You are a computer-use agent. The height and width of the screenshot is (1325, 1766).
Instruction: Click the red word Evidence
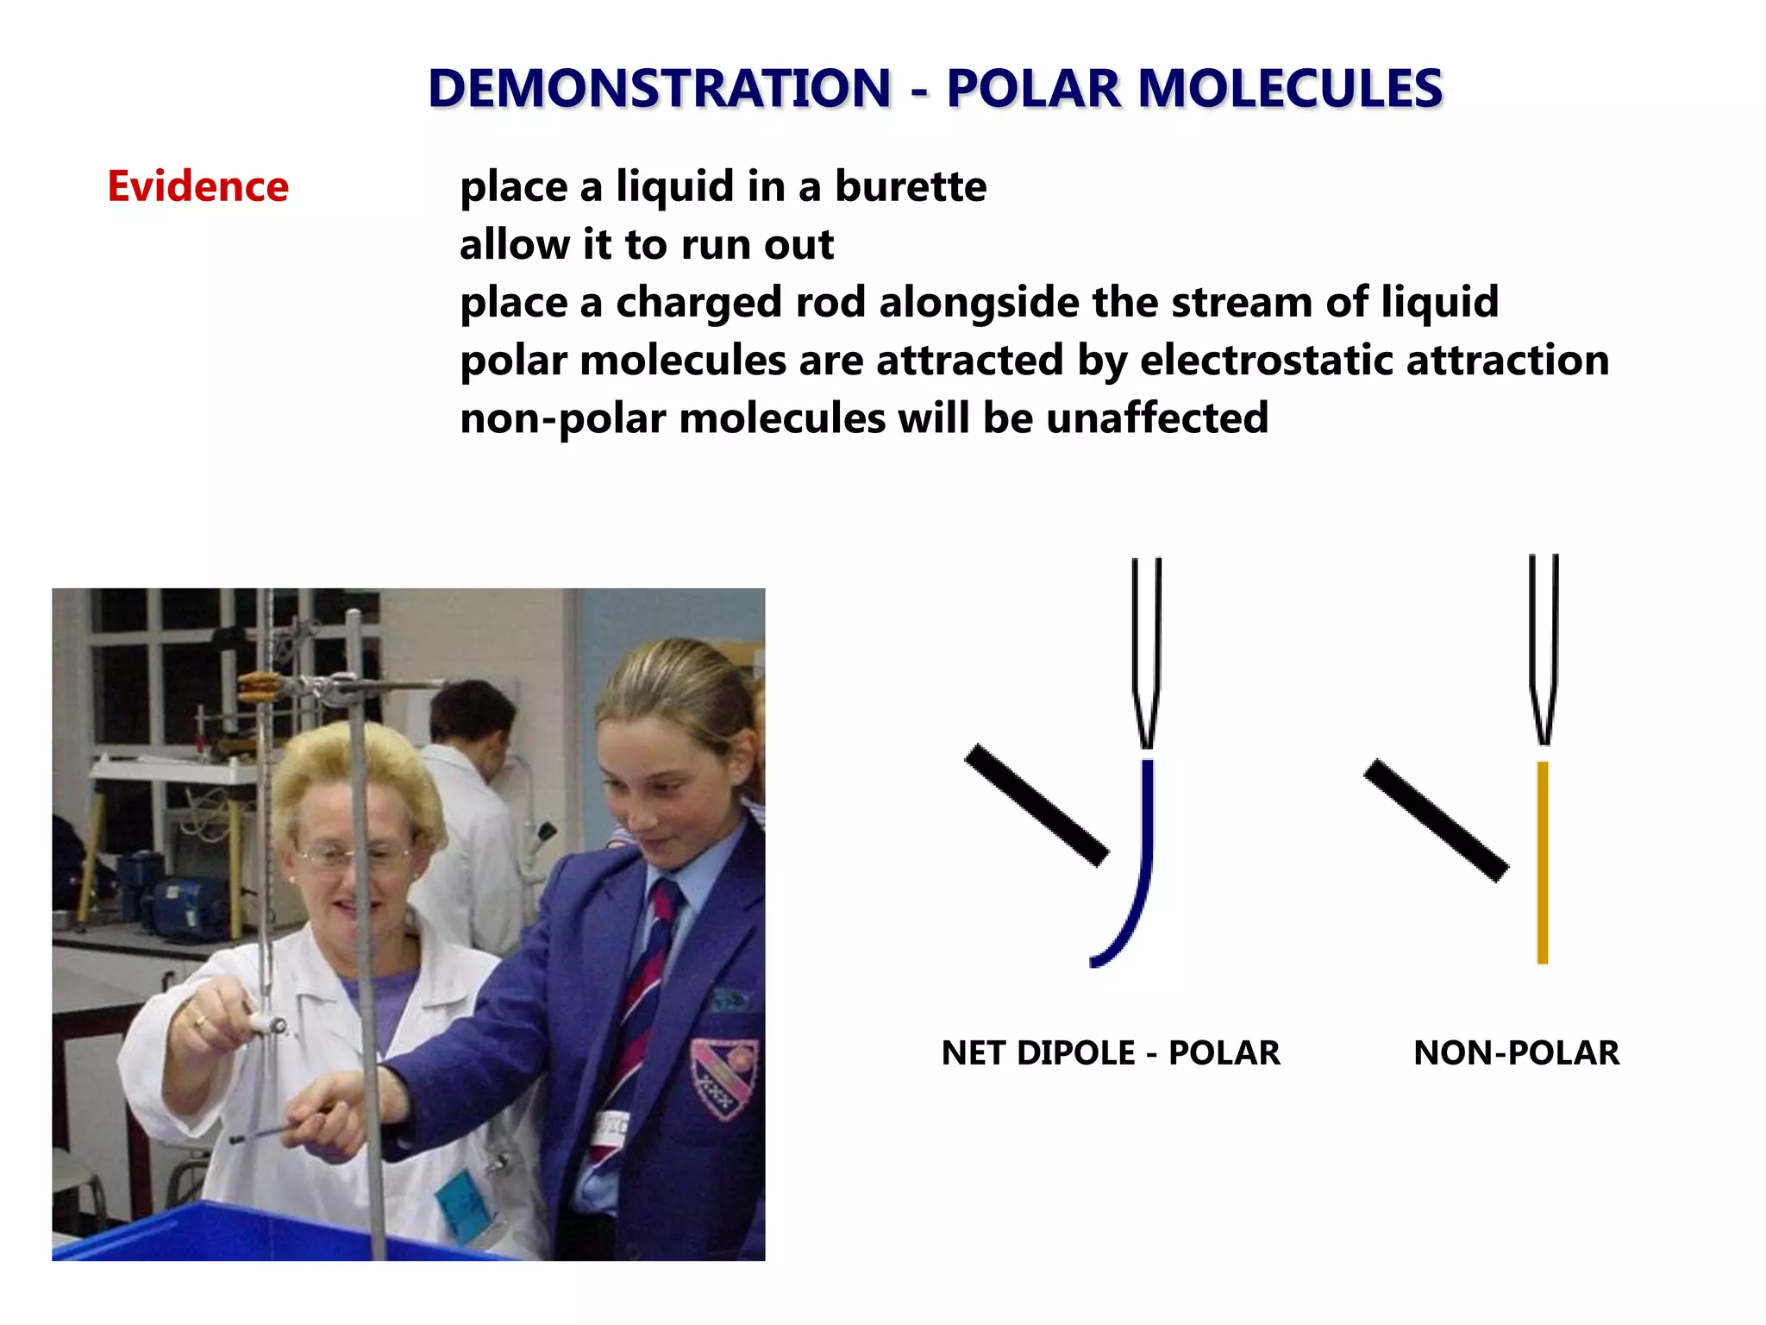pyautogui.click(x=197, y=186)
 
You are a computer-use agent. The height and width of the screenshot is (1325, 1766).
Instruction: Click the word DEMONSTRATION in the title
pyautogui.click(x=660, y=88)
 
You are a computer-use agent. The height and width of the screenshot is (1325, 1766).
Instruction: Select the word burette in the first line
pyautogui.click(x=911, y=186)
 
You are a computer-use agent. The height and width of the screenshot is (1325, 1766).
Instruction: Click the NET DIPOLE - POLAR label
pyautogui.click(x=1110, y=1053)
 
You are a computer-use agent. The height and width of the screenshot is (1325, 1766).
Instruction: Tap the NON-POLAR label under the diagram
pyautogui.click(x=1516, y=1053)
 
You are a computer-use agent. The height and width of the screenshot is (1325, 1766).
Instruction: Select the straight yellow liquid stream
pyautogui.click(x=1542, y=863)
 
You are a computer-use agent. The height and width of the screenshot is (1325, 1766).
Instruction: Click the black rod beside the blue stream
pyautogui.click(x=1036, y=805)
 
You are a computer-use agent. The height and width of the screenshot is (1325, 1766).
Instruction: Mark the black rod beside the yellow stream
pyautogui.click(x=1436, y=819)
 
